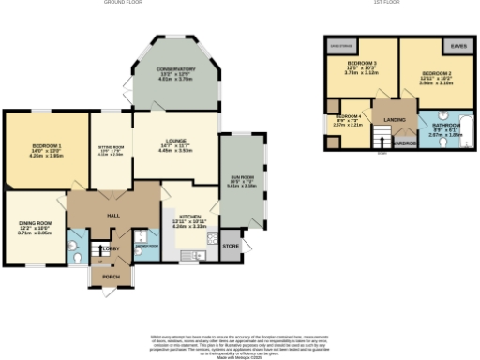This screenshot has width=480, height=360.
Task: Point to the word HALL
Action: click(113, 216)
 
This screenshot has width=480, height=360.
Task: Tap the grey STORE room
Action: click(231, 247)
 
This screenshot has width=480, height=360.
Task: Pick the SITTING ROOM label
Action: click(111, 146)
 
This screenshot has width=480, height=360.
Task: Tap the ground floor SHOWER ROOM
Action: click(146, 242)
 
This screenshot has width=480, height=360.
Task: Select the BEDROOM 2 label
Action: click(436, 73)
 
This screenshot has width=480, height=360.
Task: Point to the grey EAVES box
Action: click(457, 44)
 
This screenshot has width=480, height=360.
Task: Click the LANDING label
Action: click(395, 120)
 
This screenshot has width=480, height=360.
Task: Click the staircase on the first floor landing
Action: click(381, 140)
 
